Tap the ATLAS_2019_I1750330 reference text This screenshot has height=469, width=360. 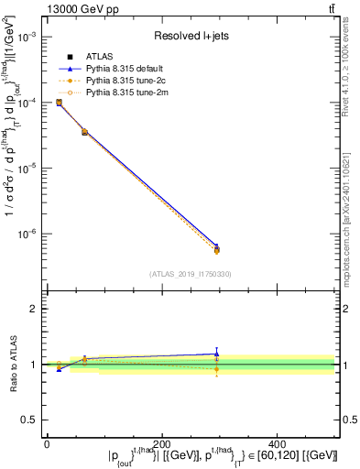(x=191, y=274)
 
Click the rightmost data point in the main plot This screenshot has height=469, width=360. (x=216, y=248)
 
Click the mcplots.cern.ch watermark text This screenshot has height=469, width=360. (x=349, y=220)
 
